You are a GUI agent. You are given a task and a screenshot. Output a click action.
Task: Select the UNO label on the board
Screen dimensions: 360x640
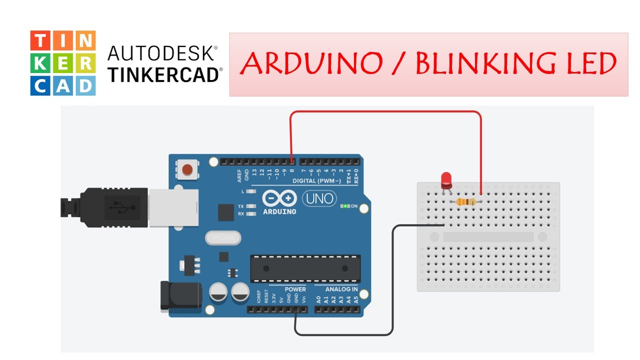320,198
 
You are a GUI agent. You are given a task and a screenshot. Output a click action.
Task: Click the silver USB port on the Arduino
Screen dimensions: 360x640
173,207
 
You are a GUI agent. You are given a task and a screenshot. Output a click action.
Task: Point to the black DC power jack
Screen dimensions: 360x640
180,295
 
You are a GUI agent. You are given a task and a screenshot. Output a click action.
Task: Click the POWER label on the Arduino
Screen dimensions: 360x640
295,289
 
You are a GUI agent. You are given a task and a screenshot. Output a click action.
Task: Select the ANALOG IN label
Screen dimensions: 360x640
341,289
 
